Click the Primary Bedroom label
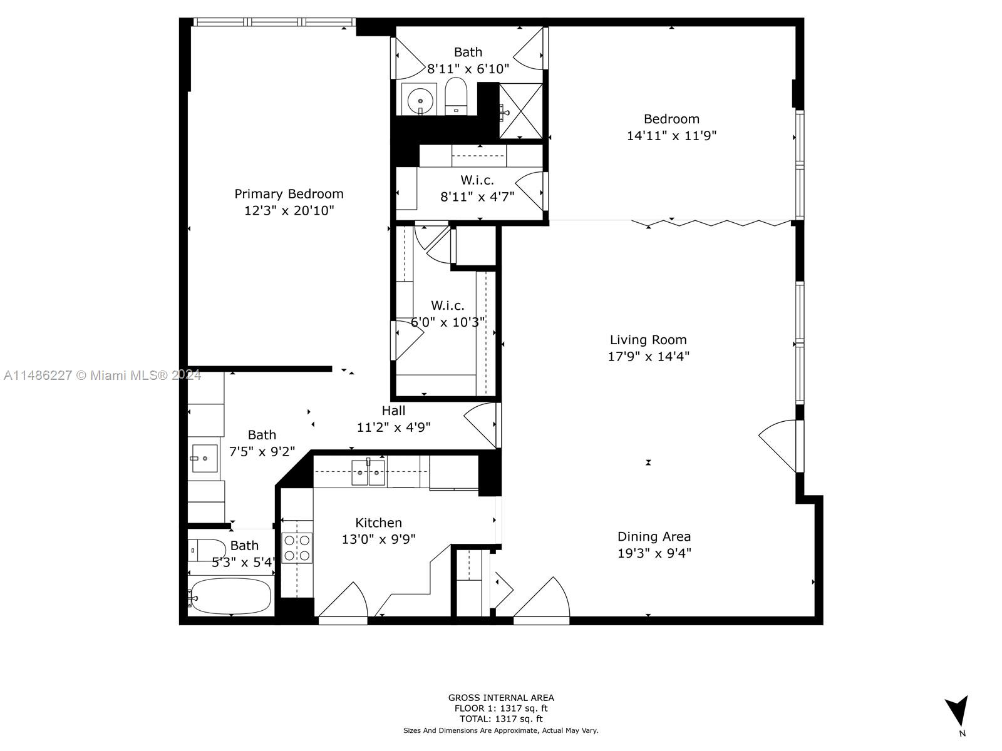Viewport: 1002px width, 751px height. click(289, 194)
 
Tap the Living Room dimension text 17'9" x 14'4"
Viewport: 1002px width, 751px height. click(648, 357)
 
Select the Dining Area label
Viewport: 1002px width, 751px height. click(654, 537)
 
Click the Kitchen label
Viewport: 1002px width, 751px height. click(378, 523)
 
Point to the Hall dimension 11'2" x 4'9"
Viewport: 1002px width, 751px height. click(393, 427)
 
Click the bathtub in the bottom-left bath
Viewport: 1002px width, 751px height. click(231, 596)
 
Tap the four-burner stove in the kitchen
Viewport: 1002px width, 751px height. click(297, 548)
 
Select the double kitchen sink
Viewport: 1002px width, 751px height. click(368, 473)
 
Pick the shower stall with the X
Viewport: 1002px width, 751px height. click(521, 111)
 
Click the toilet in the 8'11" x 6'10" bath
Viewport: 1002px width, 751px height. click(455, 96)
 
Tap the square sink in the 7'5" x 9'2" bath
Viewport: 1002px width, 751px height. click(204, 458)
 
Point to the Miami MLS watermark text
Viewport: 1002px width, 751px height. click(102, 375)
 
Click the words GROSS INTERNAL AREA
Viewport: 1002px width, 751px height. click(501, 698)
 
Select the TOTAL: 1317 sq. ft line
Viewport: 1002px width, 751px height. click(501, 719)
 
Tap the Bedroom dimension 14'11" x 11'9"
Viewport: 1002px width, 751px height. click(671, 136)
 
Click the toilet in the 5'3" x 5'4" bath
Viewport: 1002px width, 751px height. click(207, 550)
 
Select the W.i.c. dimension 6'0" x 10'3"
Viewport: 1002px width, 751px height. click(447, 322)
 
